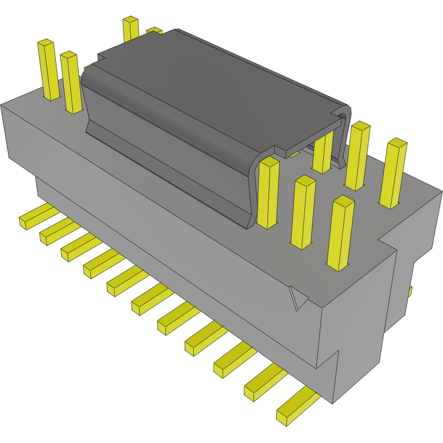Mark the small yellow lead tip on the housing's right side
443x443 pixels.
point(410,291)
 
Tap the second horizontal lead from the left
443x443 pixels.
point(54,231)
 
